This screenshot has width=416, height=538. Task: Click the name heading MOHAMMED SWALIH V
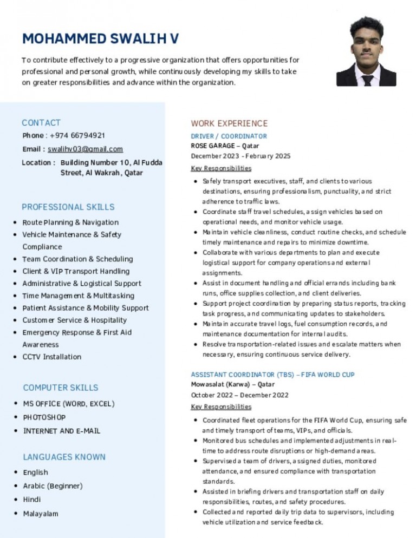click(x=100, y=39)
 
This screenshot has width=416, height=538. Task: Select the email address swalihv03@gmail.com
click(x=85, y=149)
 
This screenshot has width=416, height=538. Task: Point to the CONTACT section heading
click(x=41, y=123)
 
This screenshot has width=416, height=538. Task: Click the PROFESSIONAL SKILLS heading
click(x=68, y=207)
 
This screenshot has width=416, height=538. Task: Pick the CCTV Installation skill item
click(x=52, y=357)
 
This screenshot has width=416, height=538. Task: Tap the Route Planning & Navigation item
click(x=70, y=222)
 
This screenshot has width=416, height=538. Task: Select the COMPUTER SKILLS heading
click(x=61, y=388)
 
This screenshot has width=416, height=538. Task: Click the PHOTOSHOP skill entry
click(x=44, y=417)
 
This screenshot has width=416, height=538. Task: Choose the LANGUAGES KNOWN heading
click(x=64, y=457)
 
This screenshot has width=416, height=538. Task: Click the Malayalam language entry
click(x=41, y=514)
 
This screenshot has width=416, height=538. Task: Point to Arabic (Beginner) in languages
click(x=53, y=486)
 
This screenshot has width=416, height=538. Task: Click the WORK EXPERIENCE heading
click(x=229, y=123)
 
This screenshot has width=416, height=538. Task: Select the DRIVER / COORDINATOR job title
click(x=229, y=136)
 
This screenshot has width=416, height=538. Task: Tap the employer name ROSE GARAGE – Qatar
click(x=225, y=146)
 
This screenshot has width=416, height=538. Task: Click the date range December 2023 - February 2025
click(x=240, y=156)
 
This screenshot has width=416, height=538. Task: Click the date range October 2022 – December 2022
click(x=240, y=395)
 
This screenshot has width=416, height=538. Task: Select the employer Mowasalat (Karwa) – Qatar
click(x=232, y=385)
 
